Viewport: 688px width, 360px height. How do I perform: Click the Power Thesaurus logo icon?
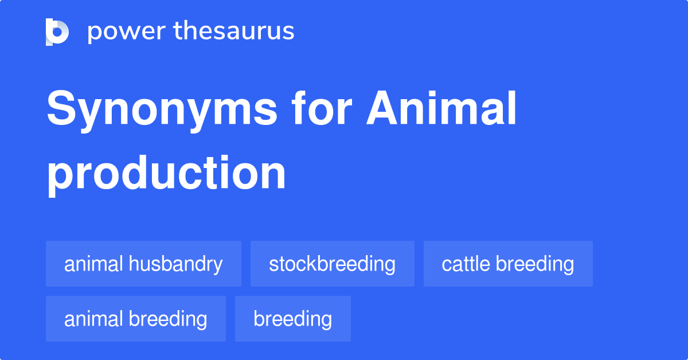coord(57,32)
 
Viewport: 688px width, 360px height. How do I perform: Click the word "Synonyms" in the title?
coord(162,110)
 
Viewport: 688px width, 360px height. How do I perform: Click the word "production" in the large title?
coord(166,173)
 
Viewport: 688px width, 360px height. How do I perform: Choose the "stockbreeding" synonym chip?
coord(332,264)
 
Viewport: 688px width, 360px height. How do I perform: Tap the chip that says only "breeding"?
coord(292,319)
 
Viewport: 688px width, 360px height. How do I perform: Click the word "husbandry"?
coord(175,264)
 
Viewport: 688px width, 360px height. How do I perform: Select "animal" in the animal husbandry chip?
coord(94,264)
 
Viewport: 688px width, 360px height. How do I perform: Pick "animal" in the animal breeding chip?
coord(94,319)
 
